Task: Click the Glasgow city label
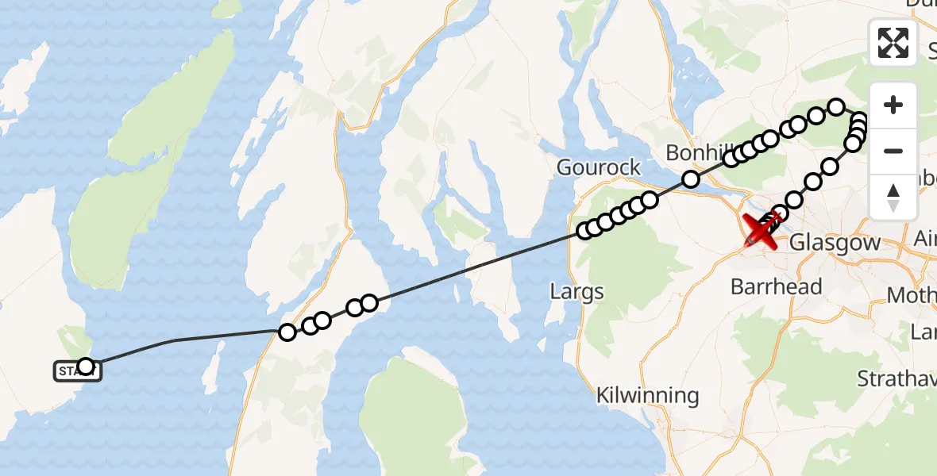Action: click(835, 243)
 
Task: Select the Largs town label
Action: click(576, 292)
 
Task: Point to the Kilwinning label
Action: click(648, 395)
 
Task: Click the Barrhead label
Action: click(776, 286)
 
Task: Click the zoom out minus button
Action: click(893, 151)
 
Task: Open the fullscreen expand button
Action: click(893, 42)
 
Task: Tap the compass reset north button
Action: click(893, 198)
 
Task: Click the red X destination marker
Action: click(759, 231)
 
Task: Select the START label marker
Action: click(77, 370)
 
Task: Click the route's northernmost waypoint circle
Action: click(836, 106)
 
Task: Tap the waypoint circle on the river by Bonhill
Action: click(691, 179)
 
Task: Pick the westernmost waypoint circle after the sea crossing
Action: click(287, 332)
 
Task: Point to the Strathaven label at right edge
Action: click(897, 378)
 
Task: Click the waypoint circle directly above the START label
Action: click(86, 366)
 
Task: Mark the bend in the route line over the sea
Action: click(174, 340)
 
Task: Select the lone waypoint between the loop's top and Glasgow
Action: click(830, 167)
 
